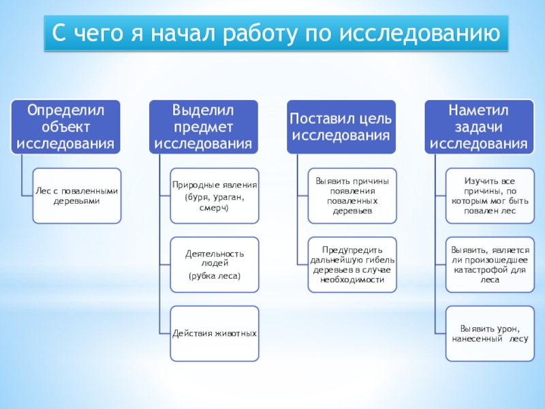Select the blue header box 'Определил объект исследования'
coord(65,127)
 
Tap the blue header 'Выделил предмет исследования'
coord(203,127)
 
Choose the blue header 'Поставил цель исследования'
coord(341,127)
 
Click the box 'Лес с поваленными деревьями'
coord(77,196)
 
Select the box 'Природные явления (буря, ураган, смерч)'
coord(215,196)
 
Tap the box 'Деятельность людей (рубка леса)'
coord(215,264)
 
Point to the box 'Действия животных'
coord(215,333)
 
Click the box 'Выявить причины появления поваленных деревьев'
coord(352,196)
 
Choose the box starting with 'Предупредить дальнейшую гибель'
coord(352,264)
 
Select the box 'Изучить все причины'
coord(490,196)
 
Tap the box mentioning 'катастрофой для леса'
coord(490,264)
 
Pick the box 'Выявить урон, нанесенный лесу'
coord(490,333)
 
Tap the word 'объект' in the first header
coord(65,127)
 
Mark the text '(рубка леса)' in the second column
coord(215,276)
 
